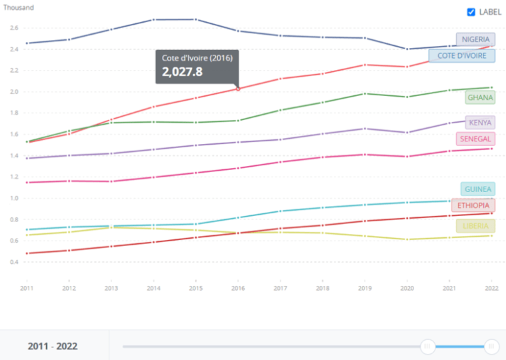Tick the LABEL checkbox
[471, 12]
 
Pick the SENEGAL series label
[475, 139]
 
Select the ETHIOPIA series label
[473, 205]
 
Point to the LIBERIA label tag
[476, 226]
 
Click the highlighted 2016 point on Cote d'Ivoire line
[238, 89]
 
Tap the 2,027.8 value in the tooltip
[182, 71]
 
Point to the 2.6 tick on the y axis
[14, 28]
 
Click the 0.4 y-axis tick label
[14, 262]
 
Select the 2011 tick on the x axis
[27, 288]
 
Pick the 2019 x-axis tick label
[364, 288]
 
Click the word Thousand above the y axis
[19, 7]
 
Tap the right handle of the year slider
[491, 346]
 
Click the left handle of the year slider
[428, 346]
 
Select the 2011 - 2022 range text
[53, 346]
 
